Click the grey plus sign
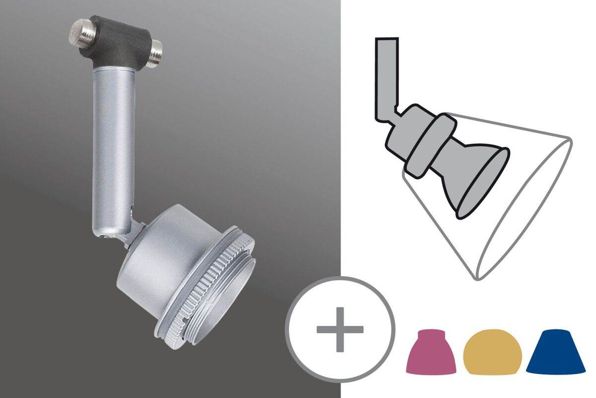point(340,329)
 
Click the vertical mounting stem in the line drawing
point(386,75)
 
